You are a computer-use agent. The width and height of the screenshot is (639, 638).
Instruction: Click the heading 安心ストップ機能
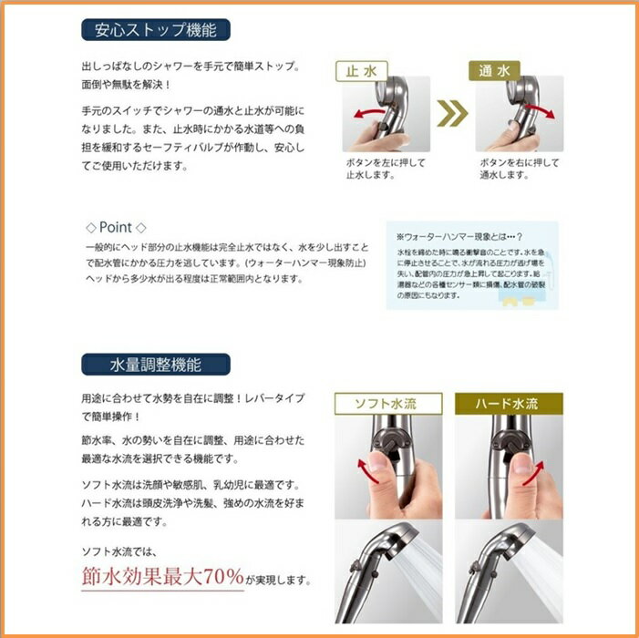pos(156,29)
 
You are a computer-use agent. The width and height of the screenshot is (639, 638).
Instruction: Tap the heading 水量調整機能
pos(156,365)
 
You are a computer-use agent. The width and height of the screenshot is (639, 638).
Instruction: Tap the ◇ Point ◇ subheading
pos(116,227)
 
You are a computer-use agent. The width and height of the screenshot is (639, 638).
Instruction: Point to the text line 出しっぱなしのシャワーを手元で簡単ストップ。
pos(191,68)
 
